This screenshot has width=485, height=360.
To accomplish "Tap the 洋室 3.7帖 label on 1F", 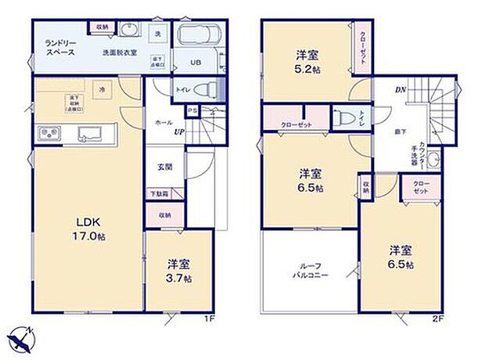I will click(x=179, y=271).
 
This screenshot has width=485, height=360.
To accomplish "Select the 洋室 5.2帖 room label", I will click(x=306, y=63).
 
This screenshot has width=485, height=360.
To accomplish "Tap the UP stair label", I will click(x=179, y=131).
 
